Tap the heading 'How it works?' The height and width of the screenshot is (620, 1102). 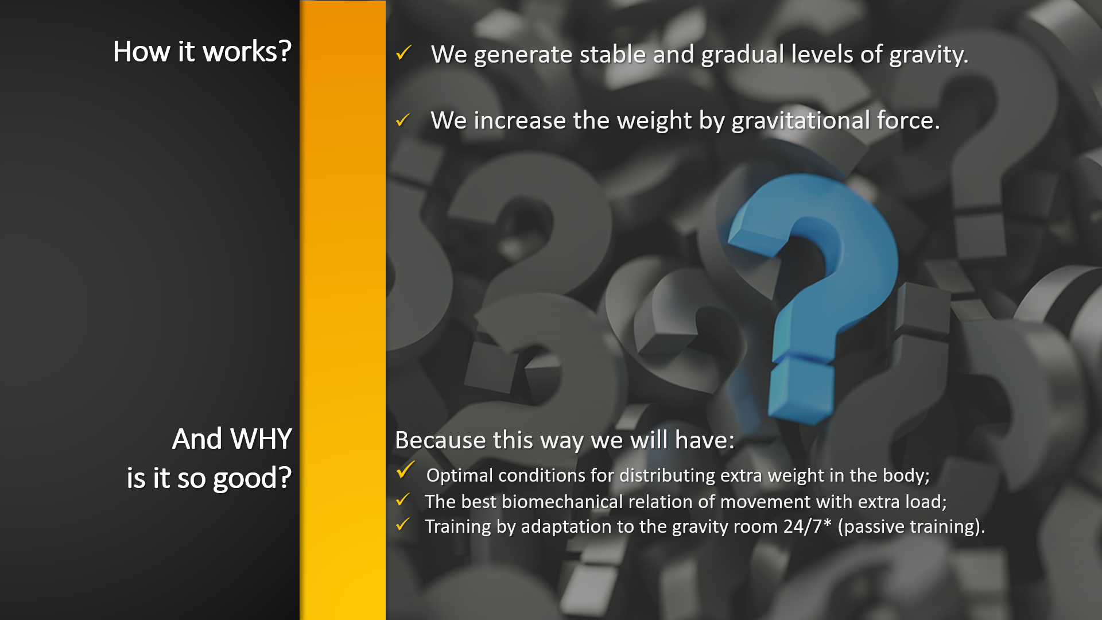coord(202,52)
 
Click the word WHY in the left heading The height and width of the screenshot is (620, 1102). coord(261,439)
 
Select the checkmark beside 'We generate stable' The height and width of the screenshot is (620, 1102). coord(403,53)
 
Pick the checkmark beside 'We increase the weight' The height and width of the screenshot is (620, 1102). coord(403,119)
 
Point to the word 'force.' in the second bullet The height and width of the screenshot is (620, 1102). coord(909,121)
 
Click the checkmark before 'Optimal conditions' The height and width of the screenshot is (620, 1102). coord(405,470)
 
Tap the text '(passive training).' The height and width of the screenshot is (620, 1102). coord(911,527)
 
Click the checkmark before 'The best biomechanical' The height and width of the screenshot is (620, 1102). coord(403,500)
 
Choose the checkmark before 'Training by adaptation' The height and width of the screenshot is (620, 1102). coord(403,524)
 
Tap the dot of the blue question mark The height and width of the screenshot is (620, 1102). coord(801,387)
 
